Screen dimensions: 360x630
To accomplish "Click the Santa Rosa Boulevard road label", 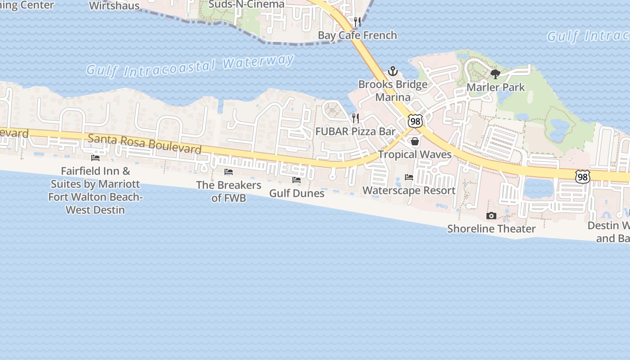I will (144, 144).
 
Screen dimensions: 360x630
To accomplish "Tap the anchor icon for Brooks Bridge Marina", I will (393, 71).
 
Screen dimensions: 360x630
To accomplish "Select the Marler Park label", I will (495, 87).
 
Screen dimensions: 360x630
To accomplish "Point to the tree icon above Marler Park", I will (495, 74).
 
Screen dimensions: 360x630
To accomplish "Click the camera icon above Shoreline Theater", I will (491, 216).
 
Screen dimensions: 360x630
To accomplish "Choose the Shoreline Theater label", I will (491, 229).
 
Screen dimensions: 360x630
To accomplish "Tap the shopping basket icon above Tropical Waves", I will (415, 142).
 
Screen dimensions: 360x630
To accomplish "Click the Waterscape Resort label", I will (409, 190).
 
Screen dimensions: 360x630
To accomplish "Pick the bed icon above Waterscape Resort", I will (409, 177).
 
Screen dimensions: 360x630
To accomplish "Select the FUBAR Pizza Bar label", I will (355, 131).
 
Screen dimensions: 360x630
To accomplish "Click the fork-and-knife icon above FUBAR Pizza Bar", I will (355, 118).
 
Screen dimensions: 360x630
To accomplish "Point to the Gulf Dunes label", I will (297, 193).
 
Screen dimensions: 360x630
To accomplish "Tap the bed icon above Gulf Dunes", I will (297, 180).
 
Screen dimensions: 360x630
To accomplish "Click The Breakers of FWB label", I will (229, 191).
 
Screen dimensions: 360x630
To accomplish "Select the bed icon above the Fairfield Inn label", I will (95, 158).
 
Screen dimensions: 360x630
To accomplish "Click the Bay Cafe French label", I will (357, 35).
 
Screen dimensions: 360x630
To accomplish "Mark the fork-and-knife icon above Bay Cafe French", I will (357, 22).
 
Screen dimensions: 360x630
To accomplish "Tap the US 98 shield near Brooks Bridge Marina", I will (415, 121).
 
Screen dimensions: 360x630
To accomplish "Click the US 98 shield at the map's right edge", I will (583, 177).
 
